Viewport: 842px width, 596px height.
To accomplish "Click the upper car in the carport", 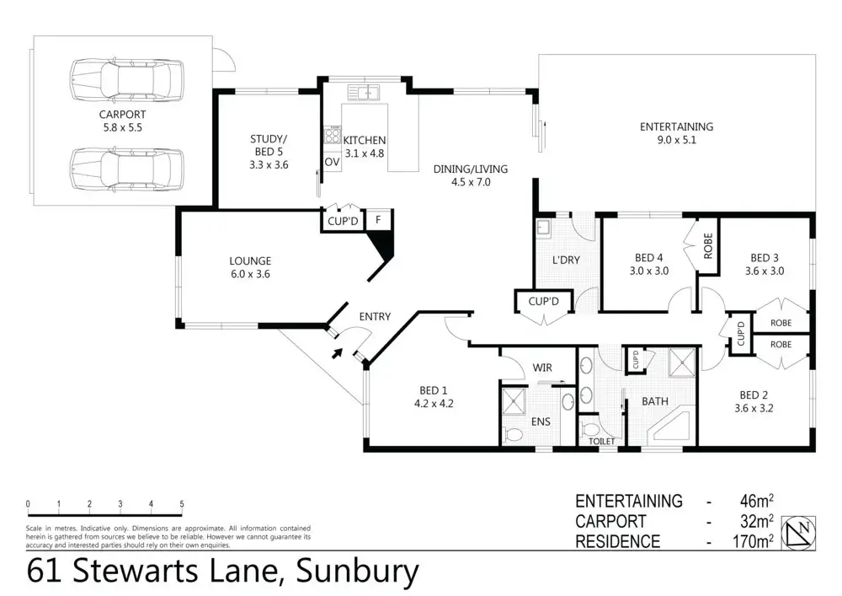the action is [126, 78].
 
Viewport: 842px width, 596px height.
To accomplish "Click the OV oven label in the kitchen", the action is [330, 162].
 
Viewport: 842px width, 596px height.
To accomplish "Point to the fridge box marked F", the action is [380, 219].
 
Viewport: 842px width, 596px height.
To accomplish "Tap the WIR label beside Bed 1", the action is [541, 368].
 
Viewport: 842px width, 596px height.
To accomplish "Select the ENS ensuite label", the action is [540, 421].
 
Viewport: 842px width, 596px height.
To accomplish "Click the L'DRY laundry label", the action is [566, 260].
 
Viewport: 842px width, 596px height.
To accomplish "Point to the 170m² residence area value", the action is [752, 542].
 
